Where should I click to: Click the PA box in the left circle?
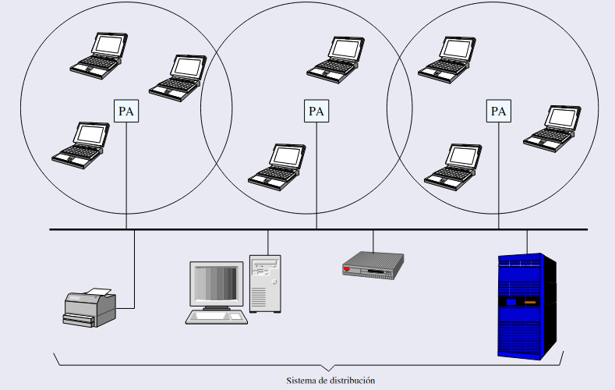tap(126, 111)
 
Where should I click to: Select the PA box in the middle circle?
tap(316, 111)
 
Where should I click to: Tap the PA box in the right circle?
tap(499, 111)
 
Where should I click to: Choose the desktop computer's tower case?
tap(265, 283)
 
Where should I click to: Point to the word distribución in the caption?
tap(355, 381)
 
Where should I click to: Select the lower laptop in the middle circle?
tap(277, 165)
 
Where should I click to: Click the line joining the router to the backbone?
tap(373, 240)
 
